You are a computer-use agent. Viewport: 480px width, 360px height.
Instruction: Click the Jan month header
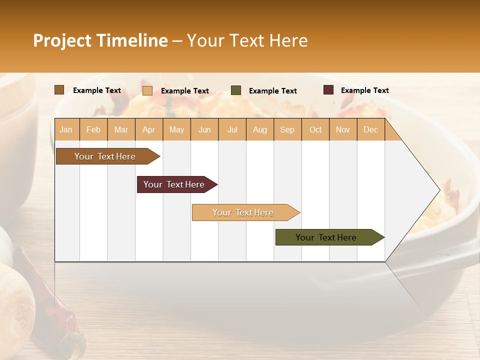(66, 130)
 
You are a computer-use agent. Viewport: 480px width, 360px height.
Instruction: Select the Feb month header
(93, 130)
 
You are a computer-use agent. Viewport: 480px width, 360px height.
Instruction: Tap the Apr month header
(148, 130)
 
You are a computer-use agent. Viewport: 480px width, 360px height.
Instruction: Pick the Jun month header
(204, 130)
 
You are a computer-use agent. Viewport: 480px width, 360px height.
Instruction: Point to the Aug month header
(259, 130)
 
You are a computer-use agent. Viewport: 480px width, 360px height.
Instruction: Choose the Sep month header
(287, 130)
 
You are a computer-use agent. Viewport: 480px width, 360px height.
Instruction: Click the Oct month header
(315, 130)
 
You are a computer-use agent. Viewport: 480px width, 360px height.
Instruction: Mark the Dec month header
(370, 130)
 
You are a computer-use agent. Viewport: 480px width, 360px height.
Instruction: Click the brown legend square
(59, 90)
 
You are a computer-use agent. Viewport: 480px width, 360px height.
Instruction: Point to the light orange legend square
(147, 90)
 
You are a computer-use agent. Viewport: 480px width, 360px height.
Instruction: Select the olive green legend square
(236, 90)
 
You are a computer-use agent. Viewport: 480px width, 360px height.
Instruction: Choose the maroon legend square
(328, 90)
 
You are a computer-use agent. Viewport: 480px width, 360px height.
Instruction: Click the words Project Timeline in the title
(100, 40)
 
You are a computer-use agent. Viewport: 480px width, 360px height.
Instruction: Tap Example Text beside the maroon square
(364, 90)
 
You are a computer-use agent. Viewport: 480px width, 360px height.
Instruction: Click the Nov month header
(342, 130)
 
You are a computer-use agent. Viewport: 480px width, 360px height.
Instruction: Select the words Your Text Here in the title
(247, 40)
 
